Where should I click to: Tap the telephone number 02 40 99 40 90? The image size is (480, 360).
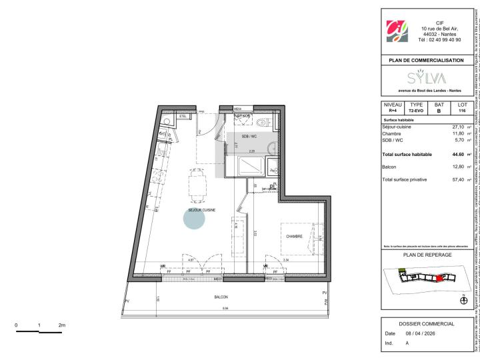pyautogui.click(x=439, y=40)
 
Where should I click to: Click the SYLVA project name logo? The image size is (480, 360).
pyautogui.click(x=426, y=77)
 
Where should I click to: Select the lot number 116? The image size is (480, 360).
pyautogui.click(x=462, y=111)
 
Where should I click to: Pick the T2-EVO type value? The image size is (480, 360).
pyautogui.click(x=416, y=111)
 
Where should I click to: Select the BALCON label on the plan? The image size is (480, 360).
pyautogui.click(x=221, y=297)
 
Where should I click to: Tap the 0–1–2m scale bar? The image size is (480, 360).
pyautogui.click(x=39, y=330)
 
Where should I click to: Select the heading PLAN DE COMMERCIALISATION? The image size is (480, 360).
pyautogui.click(x=426, y=60)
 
